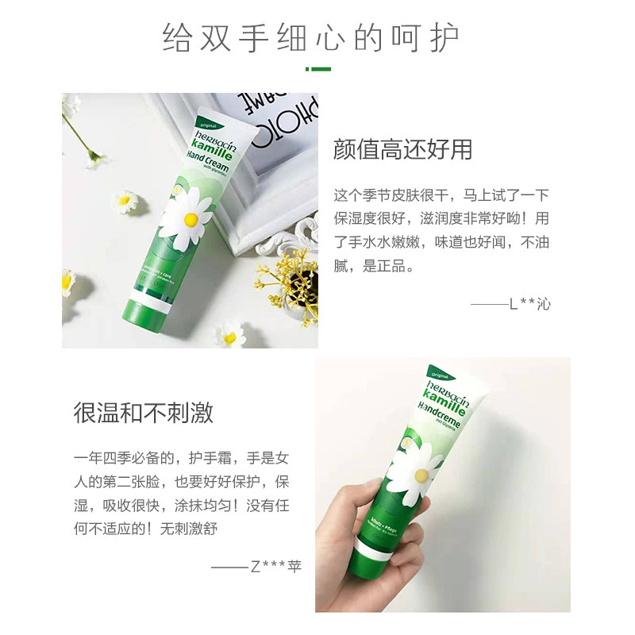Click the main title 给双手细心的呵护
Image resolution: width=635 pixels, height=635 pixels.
click(311, 37)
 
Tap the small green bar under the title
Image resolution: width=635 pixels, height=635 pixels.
click(317, 69)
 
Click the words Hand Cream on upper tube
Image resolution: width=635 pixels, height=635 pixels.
click(208, 159)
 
